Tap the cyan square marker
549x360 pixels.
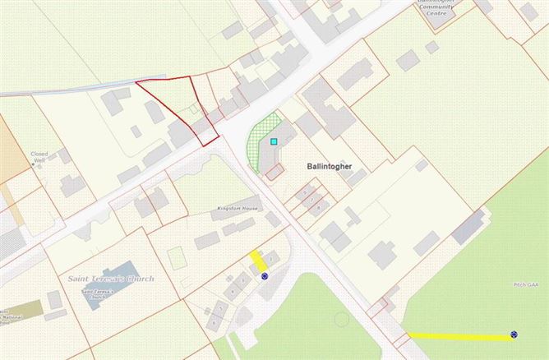[x=274, y=141]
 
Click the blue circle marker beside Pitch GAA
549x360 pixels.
[x=514, y=335]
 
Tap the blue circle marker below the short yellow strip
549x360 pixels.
[x=265, y=276]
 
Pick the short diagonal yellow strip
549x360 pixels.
[x=258, y=261]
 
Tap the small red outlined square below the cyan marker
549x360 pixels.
[x=274, y=170]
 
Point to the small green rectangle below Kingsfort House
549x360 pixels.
[x=175, y=257]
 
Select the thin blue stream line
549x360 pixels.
[x=66, y=89]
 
